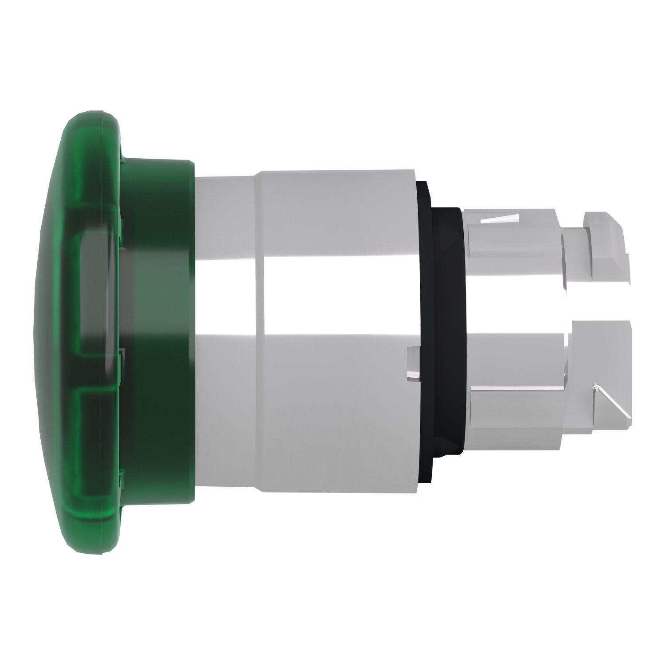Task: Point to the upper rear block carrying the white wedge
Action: tap(510, 239)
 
